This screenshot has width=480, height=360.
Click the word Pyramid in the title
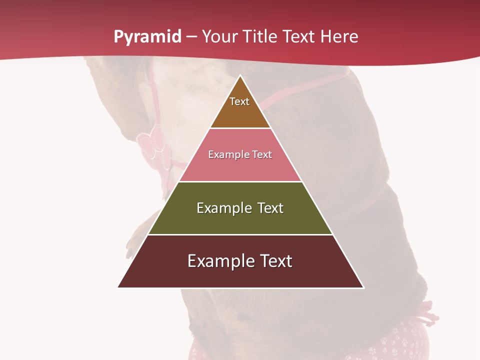pos(147,37)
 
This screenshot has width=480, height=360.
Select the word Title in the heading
pos(261,36)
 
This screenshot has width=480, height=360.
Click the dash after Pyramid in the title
pos(191,37)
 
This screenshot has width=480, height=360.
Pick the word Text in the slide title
pos(299,36)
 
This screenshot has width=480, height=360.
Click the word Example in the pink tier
pos(224,155)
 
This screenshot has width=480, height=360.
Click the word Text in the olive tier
pos(270,208)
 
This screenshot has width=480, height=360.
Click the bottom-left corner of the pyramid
pos(118,287)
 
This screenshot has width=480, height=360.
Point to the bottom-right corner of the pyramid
pos(363,287)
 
